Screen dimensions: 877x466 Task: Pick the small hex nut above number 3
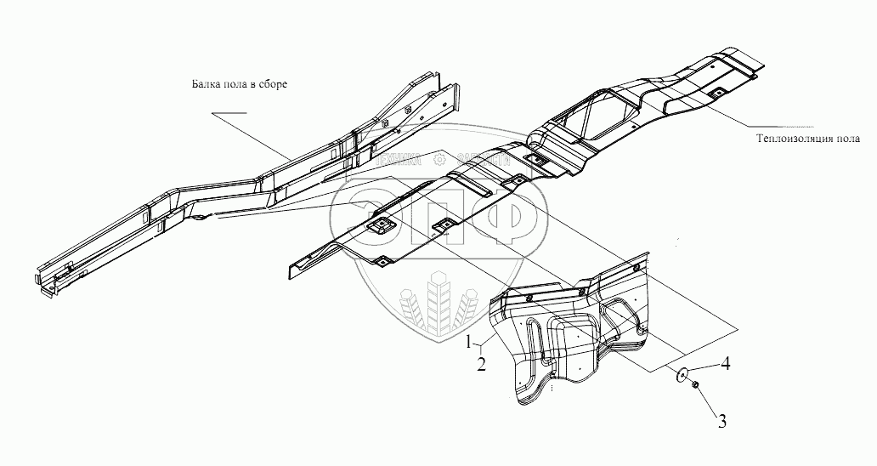696,387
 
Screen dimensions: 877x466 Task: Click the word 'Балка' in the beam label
203,85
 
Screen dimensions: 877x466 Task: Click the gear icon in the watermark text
439,156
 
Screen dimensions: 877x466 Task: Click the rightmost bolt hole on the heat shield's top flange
637,270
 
